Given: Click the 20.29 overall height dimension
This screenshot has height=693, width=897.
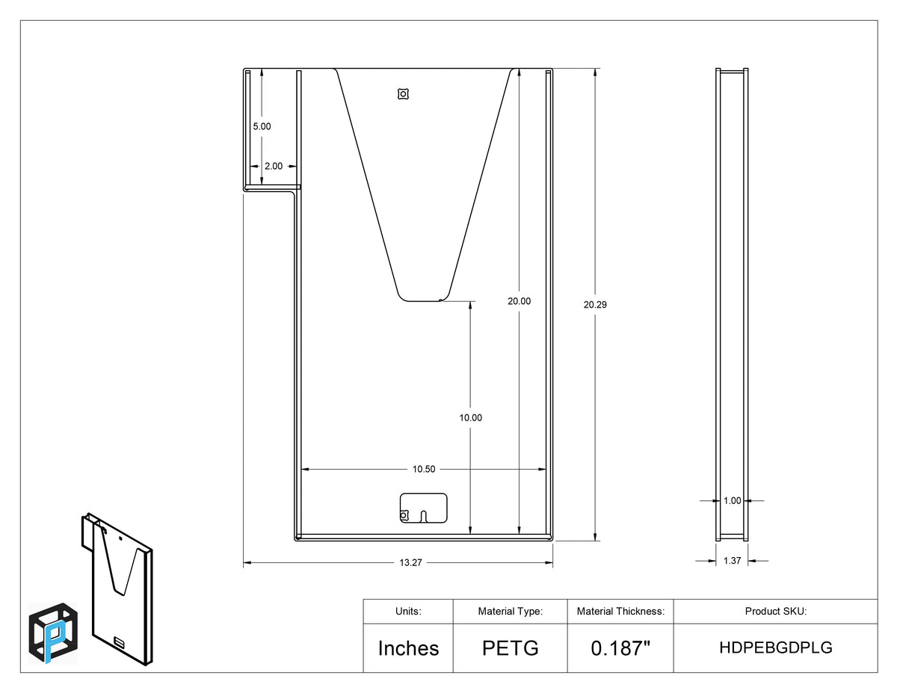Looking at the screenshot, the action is [x=595, y=305].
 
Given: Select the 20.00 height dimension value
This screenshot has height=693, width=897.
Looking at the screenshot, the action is [x=519, y=302].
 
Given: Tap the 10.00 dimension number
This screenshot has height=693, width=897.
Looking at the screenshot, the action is [x=471, y=417].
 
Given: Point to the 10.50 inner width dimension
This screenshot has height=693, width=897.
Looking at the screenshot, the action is [x=424, y=469].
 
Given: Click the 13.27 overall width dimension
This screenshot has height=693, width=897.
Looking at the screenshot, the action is [x=410, y=563].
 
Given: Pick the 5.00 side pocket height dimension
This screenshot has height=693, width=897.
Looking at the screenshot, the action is [x=262, y=126].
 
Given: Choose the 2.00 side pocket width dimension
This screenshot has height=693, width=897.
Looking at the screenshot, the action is [x=274, y=166].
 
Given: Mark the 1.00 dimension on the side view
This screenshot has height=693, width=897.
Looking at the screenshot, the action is [x=732, y=501].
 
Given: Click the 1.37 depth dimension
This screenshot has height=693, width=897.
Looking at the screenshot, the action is [x=732, y=561].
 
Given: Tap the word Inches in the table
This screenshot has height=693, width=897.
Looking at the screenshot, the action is [x=408, y=648].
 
